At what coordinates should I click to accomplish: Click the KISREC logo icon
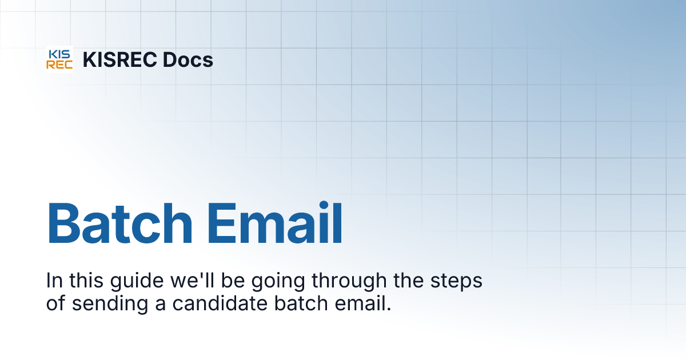tap(59, 59)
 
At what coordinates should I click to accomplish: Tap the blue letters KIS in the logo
tap(59, 54)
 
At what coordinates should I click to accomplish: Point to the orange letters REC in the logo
tap(59, 65)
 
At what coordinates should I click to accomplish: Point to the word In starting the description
tap(54, 281)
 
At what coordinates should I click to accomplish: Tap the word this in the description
tap(85, 281)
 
